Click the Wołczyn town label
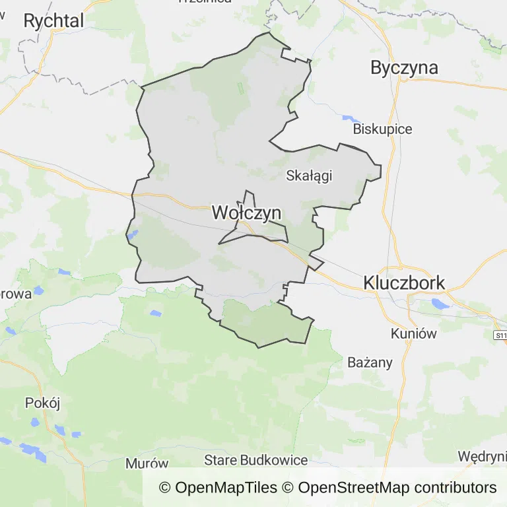tap(246, 213)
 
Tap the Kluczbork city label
tap(404, 283)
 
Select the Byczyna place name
tap(404, 67)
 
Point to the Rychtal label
tap(53, 21)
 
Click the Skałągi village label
tap(308, 176)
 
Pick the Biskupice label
tap(382, 129)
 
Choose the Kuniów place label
tap(413, 333)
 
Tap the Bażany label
tap(370, 362)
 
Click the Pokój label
tap(42, 403)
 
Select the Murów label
tap(147, 463)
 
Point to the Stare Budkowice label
tap(256, 459)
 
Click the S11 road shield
tap(500, 335)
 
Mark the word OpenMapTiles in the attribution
tap(226, 488)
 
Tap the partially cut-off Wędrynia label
tap(482, 457)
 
